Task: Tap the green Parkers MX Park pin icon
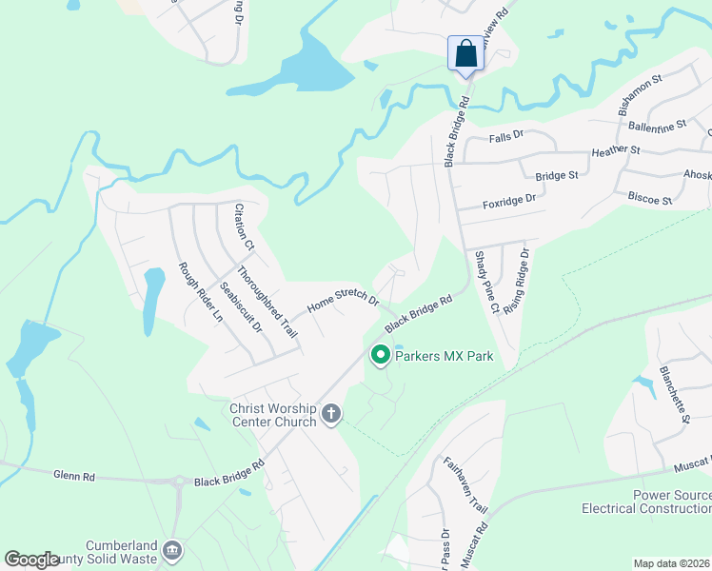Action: coord(381,356)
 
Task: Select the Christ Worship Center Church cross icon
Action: coord(331,413)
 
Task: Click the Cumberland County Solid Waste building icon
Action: coord(172,550)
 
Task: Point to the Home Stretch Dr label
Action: coord(343,302)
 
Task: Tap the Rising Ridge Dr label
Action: coord(515,282)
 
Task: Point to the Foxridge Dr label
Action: coord(509,201)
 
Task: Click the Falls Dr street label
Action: coord(506,136)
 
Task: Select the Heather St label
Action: coord(615,151)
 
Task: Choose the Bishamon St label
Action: coord(640,98)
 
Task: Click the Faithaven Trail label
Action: coord(465,485)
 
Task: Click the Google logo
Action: coord(31,559)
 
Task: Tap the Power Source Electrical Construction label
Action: coord(646,502)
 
